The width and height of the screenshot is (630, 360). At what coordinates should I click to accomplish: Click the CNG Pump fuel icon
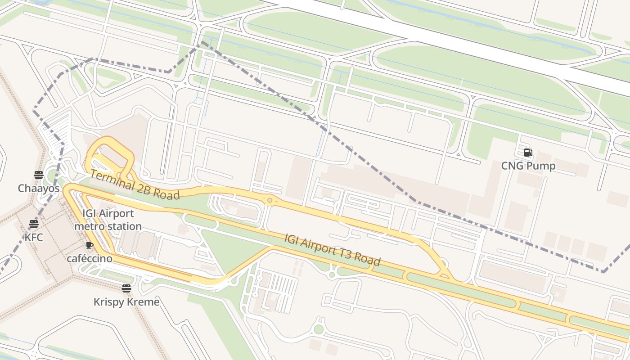pos(528,153)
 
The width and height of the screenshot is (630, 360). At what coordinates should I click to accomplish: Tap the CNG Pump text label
pos(528,166)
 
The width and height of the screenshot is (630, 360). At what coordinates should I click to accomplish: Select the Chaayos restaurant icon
pos(38,175)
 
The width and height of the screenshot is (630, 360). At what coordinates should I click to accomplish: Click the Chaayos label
pos(38,188)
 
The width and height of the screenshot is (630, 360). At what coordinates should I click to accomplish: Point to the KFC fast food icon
pos(34,224)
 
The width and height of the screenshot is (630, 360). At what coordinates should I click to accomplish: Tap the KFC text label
pos(34,237)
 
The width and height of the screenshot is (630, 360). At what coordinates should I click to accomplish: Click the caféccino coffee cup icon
pos(89,245)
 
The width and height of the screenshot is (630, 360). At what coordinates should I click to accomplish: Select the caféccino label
pos(89,259)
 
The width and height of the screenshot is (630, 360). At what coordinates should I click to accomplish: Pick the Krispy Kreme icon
pos(126,288)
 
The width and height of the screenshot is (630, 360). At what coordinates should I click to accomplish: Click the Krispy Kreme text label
pos(126,301)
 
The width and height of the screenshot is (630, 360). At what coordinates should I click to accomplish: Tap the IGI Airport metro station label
pos(108,220)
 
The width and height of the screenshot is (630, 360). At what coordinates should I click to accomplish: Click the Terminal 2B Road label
pos(135,185)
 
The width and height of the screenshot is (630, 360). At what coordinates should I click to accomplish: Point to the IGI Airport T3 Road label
pos(333,249)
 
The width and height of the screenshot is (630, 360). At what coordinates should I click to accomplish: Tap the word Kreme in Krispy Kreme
pos(145,301)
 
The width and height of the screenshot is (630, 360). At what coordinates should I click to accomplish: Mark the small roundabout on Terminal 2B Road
pos(270,200)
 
